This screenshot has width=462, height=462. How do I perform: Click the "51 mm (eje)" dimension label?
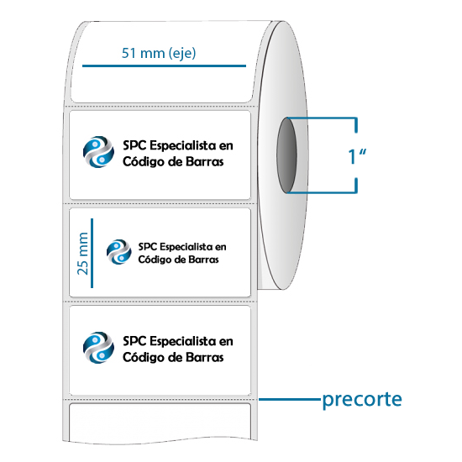coord(159,53)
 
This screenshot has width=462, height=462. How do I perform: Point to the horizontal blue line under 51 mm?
coord(164,66)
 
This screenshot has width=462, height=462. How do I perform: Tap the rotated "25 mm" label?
coord(82,254)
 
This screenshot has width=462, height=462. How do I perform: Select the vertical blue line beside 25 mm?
coord(92,253)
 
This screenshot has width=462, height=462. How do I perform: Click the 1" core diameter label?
coord(357,155)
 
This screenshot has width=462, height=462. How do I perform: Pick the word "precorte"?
coord(362,400)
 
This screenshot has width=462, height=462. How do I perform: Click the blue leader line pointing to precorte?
coord(290,399)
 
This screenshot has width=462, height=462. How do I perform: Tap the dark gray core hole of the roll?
coord(286,155)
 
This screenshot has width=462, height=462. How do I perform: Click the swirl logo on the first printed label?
coord(98,152)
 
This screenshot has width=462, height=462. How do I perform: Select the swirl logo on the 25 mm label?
coord(119,252)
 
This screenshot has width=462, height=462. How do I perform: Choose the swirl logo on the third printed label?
coord(98,348)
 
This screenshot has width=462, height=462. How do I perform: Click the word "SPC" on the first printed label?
coord(134,145)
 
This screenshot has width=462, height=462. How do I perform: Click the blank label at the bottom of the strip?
coord(160,423)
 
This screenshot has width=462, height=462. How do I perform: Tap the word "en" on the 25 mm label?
coord(220,247)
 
